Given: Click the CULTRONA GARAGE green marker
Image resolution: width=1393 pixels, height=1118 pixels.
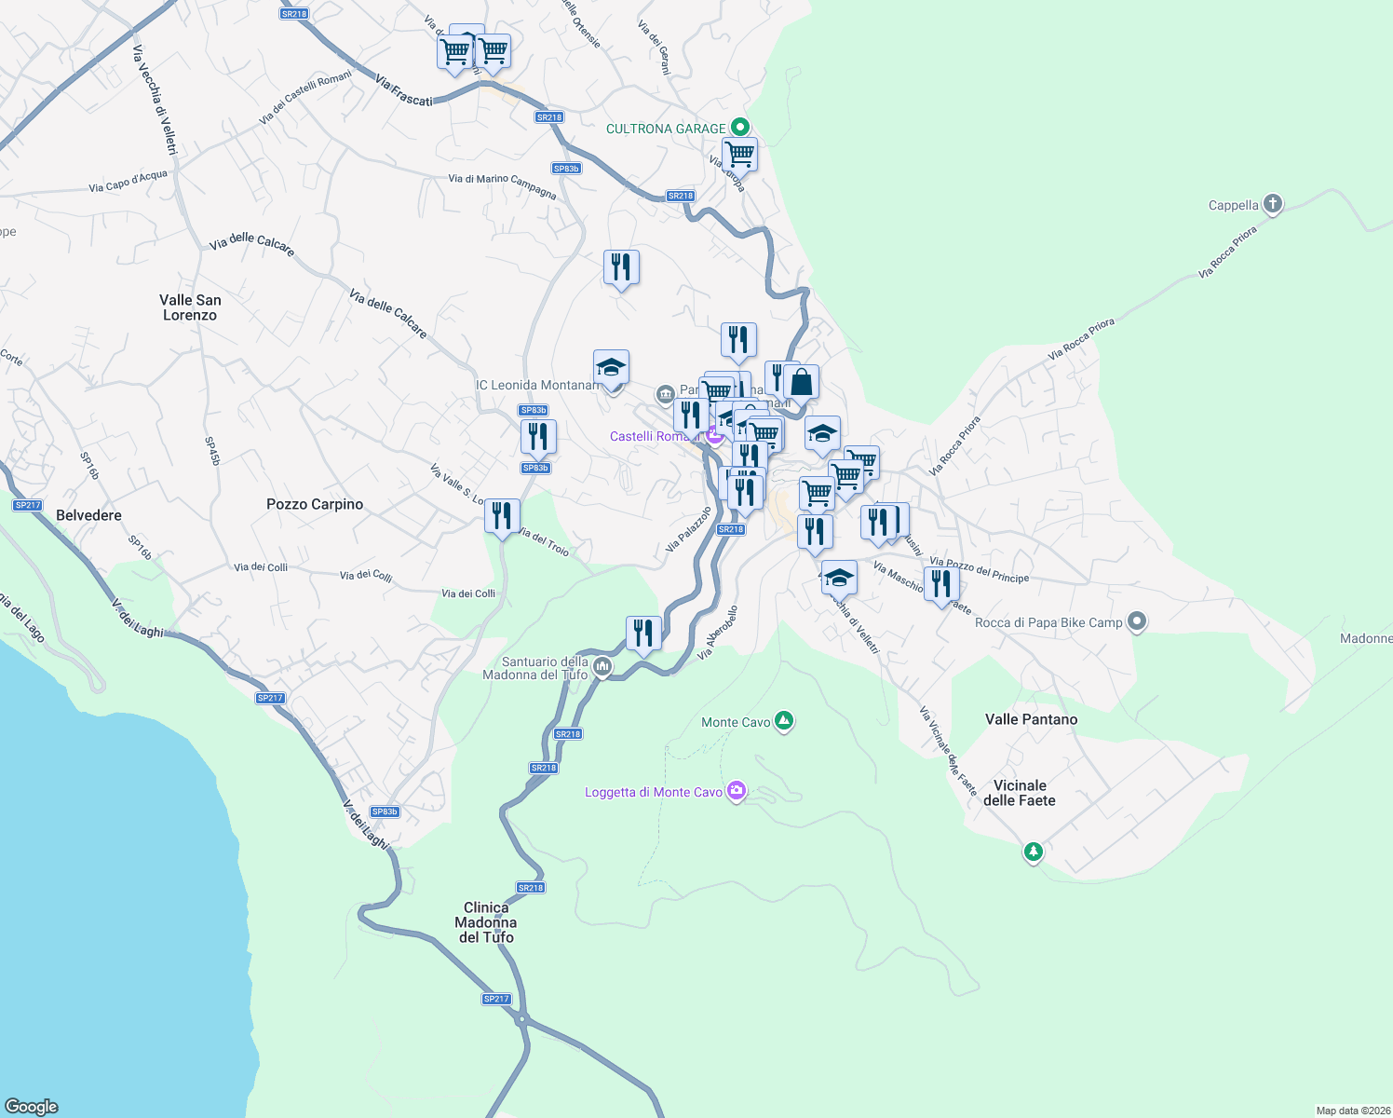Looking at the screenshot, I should pos(739,127).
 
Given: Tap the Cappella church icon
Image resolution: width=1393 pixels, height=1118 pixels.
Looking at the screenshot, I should pos(1273,204).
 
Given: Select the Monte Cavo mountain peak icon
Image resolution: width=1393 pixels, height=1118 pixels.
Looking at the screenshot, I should pos(784,721).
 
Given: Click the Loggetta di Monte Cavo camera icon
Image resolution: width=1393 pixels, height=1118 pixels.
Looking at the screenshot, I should pos(737,791).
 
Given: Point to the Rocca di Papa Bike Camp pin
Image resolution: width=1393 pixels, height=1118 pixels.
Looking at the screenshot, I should pos(1136,621).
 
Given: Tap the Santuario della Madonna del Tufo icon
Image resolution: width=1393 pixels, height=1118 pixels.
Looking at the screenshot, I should pos(602,666).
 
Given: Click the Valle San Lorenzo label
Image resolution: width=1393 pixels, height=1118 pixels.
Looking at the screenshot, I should pos(190,307).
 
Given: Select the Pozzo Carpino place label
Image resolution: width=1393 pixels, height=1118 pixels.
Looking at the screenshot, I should pos(315,504).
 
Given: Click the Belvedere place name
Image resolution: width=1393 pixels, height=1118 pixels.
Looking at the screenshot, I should pos(88,515).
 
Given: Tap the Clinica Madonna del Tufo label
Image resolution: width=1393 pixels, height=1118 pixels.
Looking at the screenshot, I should pos(486,922).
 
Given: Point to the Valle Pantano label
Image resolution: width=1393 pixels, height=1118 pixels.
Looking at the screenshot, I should pos(1031,719).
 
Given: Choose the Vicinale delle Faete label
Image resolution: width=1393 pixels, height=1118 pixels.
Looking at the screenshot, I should pos(1020,793).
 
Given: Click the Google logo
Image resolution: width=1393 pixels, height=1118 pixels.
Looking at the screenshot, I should pos(32,1106).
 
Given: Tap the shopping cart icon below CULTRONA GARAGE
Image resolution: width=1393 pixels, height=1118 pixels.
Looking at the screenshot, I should pos(739,155).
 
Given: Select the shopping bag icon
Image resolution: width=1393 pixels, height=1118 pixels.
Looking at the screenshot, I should pos(801,381).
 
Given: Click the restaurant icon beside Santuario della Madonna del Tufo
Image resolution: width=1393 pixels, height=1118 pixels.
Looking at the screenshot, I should pos(643,634).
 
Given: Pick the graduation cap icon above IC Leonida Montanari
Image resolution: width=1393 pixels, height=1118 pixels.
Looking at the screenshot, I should pos(611,368).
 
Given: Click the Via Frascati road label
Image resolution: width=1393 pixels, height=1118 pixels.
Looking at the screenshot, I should pos(404,90).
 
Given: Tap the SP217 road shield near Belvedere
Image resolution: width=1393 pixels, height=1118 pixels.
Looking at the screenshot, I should pos(28,505).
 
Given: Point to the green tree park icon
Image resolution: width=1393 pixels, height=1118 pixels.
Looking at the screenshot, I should pos(1033,851).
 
